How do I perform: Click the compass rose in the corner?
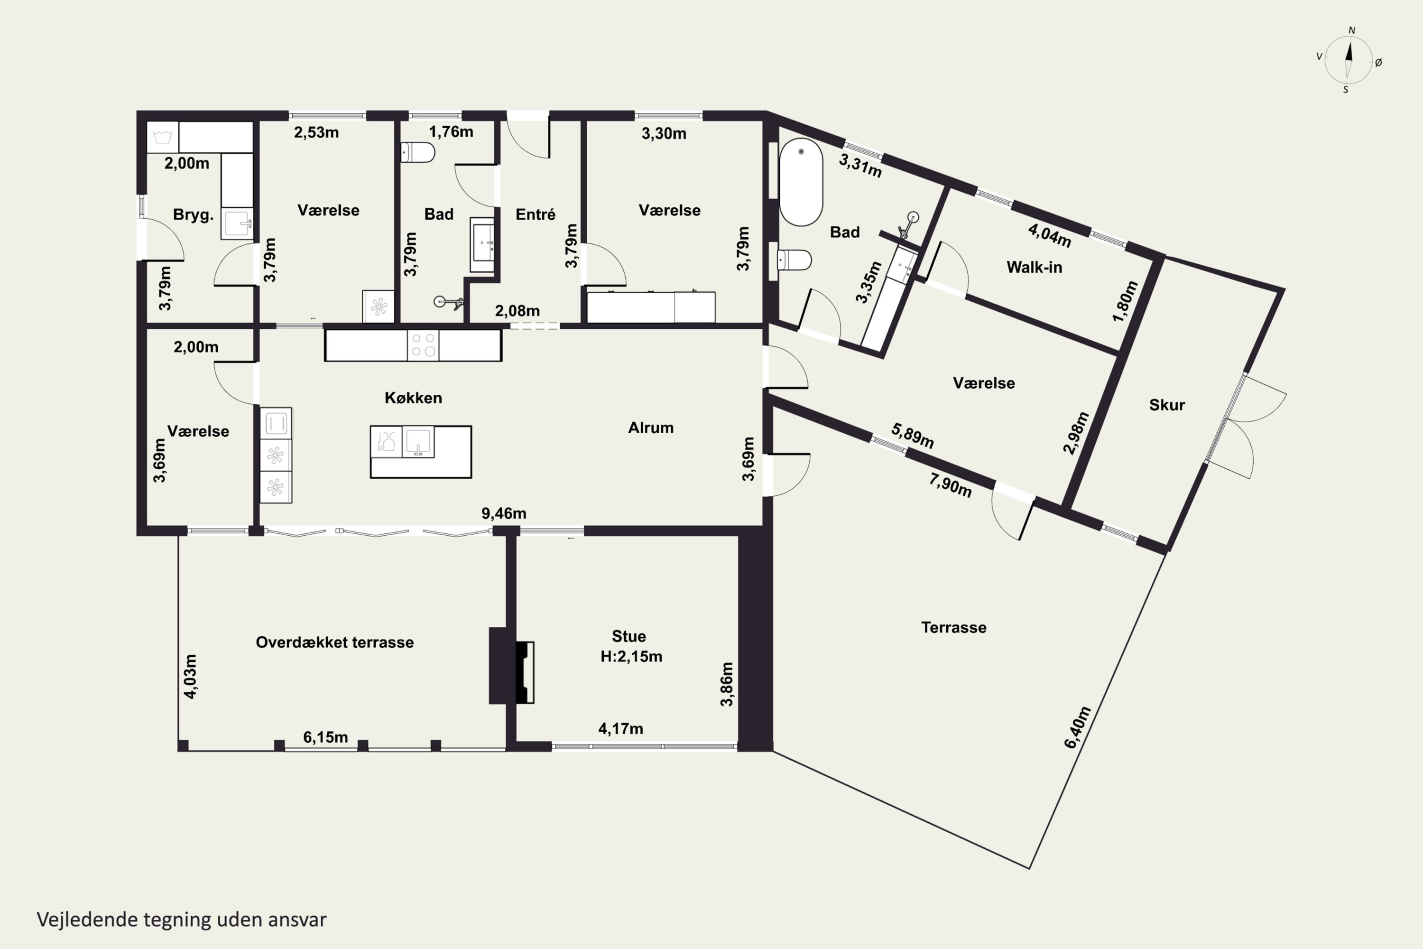(x=1349, y=60)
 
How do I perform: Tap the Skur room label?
(x=1166, y=405)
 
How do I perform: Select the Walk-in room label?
(x=1034, y=267)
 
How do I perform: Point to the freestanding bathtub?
(x=801, y=182)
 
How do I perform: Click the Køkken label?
(x=413, y=398)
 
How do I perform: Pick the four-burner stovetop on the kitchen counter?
(x=423, y=345)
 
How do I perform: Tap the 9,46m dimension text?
(x=503, y=513)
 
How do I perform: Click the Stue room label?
(x=628, y=636)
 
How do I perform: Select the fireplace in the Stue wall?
(x=524, y=672)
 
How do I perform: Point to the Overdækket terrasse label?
(x=334, y=642)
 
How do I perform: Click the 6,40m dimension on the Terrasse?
(x=1078, y=727)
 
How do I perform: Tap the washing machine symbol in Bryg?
(x=163, y=138)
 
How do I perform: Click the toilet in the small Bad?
(x=417, y=152)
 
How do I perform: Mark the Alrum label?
(x=650, y=428)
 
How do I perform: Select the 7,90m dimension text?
(x=951, y=485)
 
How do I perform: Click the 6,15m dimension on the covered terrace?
(x=325, y=737)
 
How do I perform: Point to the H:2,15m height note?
(x=631, y=657)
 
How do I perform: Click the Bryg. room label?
(x=193, y=215)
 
